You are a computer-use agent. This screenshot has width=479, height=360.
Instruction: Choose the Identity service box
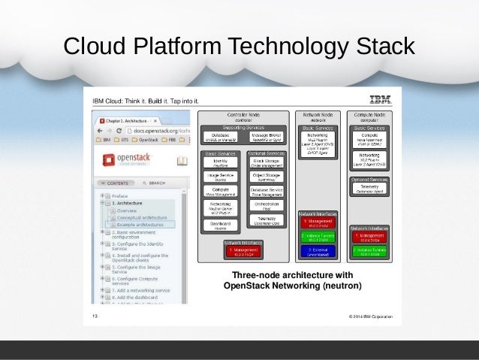[x=221, y=163]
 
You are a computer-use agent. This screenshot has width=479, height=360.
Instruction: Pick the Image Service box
[x=221, y=177]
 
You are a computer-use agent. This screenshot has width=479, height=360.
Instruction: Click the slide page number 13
[x=95, y=317]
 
